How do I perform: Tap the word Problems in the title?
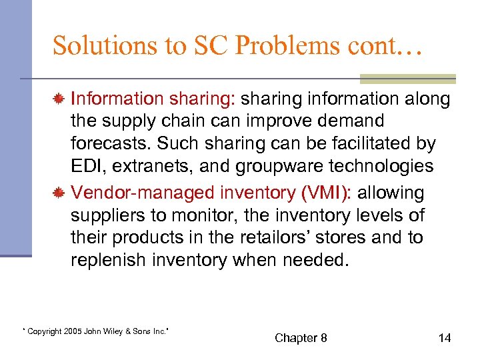point(269,45)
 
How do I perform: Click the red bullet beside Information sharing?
point(59,99)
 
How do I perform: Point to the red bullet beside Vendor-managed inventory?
point(59,193)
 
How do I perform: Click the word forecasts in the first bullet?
point(107,144)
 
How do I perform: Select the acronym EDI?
point(89,167)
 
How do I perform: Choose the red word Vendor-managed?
point(126,193)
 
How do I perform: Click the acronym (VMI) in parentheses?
point(327,193)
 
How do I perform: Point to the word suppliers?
point(107,216)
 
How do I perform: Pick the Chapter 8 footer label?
point(301,338)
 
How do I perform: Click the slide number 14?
point(445,338)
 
